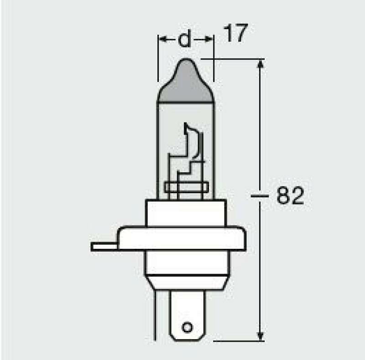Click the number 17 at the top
click(235, 35)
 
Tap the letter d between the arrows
click(184, 40)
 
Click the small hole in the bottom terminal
click(186, 327)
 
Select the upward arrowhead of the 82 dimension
click(261, 65)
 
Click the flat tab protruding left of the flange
click(104, 247)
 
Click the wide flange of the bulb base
click(182, 239)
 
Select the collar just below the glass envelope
click(185, 212)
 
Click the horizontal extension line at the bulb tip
click(233, 59)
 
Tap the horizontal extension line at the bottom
click(237, 340)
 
